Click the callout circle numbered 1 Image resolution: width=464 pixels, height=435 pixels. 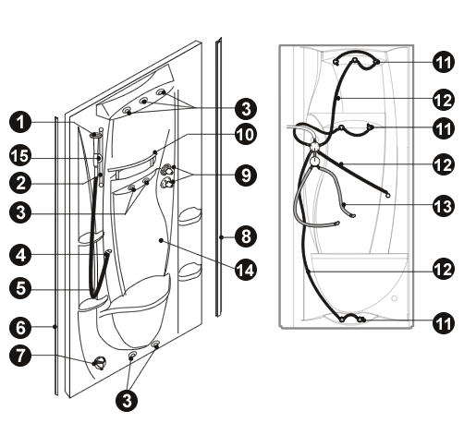click(20, 122)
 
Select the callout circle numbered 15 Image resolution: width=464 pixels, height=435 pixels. click(20, 156)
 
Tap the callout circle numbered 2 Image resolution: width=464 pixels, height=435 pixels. click(20, 183)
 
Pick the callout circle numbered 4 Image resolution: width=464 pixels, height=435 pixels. click(20, 255)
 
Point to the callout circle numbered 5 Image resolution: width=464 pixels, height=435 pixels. click(20, 288)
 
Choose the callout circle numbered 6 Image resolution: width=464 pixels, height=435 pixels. click(20, 327)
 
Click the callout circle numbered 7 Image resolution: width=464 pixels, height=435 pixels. click(20, 356)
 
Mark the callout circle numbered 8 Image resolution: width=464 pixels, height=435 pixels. click(246, 236)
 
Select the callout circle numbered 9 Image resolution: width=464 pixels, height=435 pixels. click(246, 175)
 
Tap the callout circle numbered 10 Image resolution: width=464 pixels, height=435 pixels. click(246, 135)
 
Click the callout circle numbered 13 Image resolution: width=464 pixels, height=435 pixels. click(444, 206)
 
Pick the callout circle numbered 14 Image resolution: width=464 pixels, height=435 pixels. click(246, 270)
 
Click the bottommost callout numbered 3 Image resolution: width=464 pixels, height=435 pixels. click(127, 401)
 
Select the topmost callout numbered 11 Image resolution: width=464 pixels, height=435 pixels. click(444, 62)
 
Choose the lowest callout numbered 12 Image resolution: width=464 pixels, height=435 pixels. click(444, 269)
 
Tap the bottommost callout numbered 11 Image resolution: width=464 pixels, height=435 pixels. click(444, 323)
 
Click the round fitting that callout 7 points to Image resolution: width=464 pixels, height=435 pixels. click(100, 363)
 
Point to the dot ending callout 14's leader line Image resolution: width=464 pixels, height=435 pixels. click(161, 240)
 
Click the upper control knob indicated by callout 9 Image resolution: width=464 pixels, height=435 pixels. click(166, 169)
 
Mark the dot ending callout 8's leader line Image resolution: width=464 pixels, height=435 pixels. click(221, 237)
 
